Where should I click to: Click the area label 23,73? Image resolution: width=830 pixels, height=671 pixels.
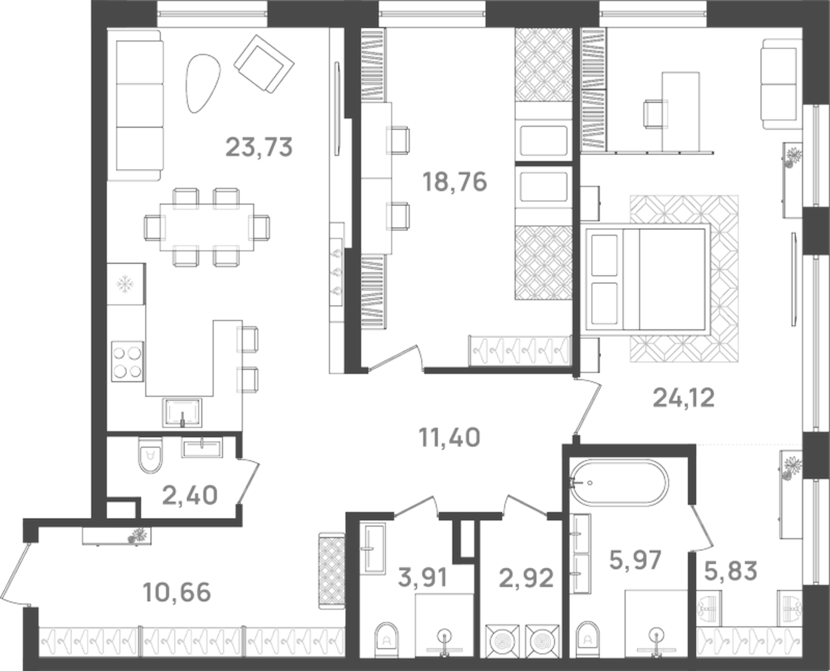click(x=259, y=147)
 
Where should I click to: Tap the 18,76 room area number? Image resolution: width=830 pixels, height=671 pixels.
click(x=455, y=182)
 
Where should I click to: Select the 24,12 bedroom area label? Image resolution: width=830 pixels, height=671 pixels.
click(x=683, y=398)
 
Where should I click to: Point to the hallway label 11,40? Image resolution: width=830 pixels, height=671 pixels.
click(x=449, y=437)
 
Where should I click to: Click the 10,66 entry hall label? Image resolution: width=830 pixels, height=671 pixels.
click(x=177, y=592)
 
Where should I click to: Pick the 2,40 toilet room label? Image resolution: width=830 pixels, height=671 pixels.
click(x=190, y=495)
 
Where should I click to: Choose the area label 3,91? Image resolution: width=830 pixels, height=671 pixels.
click(x=422, y=578)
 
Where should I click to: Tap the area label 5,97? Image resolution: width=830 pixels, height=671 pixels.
click(x=635, y=560)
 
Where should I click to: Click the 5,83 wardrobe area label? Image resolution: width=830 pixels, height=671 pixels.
click(x=731, y=571)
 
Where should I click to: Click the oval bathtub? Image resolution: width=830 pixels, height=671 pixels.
click(x=619, y=483)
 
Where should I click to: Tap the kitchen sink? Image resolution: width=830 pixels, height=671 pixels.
click(x=182, y=413)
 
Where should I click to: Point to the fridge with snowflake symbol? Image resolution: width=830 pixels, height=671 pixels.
click(x=126, y=283)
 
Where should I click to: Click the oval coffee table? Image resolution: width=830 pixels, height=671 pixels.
click(x=202, y=83)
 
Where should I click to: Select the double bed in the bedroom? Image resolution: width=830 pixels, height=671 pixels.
click(x=645, y=279)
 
